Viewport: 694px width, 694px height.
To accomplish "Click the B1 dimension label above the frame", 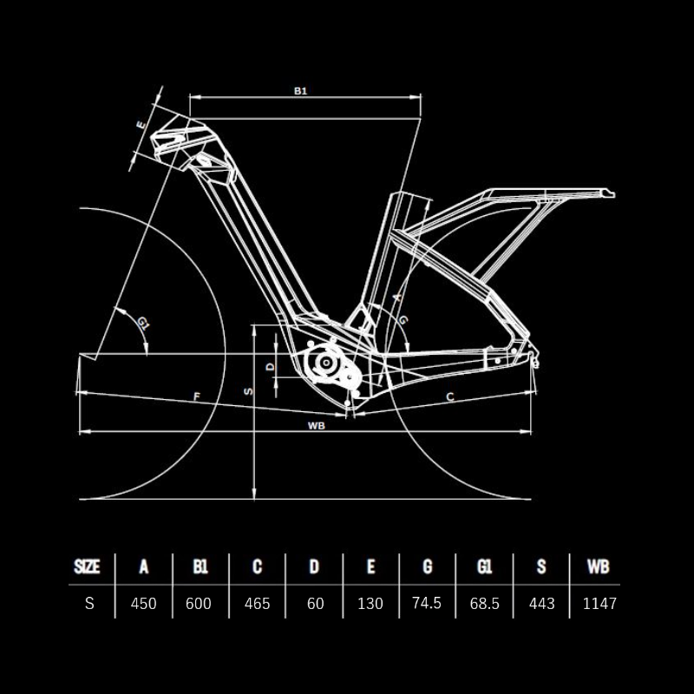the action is pos(300,91).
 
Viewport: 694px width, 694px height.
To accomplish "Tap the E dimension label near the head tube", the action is pos(141,124).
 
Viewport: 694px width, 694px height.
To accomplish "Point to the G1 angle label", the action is pos(143,323).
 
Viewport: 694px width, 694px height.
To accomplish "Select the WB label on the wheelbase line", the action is pos(317,426).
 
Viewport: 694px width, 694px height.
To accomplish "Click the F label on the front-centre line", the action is pos(197,396).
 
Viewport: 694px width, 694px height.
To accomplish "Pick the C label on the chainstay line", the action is pos(450,397).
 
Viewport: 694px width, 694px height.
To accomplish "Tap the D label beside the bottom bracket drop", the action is pos(271,366).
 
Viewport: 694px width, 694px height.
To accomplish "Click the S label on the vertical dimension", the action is pos(249,391).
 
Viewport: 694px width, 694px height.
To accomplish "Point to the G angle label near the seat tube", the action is pos(403,320).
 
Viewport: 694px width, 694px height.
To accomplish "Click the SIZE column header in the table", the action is pos(87,566).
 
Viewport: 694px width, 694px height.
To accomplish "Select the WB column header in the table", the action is pos(599,566).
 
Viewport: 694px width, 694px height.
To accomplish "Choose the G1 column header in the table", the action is pos(484,566).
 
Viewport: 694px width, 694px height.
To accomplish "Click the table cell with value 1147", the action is pos(599,603).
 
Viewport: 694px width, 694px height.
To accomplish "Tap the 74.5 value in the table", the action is pos(427,603).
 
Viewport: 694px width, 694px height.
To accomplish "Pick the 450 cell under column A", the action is pos(143,603).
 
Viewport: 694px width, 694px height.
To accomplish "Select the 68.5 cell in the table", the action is pos(485,603).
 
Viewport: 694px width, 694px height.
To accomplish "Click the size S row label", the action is pos(89,603).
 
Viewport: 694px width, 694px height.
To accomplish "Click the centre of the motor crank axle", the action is pos(326,363).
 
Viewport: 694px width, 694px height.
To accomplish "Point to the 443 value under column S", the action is pos(541,603).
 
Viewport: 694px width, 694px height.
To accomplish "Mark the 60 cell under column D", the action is pos(315,603).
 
